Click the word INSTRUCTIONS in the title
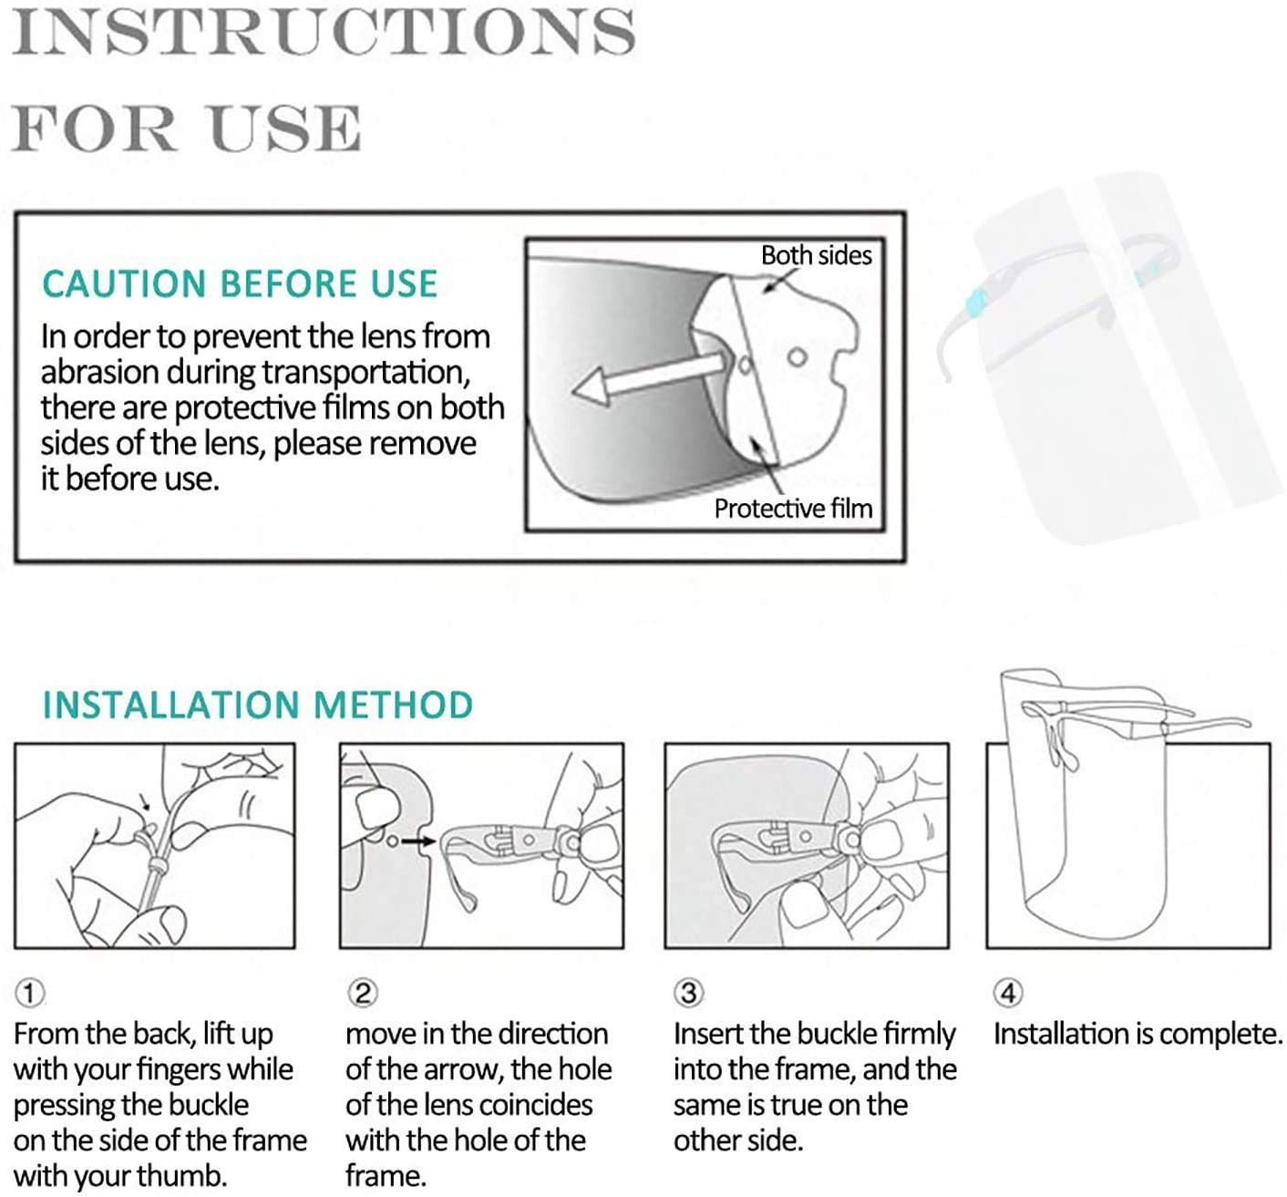pos(324,32)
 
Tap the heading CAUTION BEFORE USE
pos(240,284)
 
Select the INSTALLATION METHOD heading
pos(257,705)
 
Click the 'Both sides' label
pos(816,255)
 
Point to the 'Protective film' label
pos(793,509)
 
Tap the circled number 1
pos(30,994)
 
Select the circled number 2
pos(363,994)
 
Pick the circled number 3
pos(689,994)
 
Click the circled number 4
pos(1008,994)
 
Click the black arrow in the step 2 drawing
pos(418,841)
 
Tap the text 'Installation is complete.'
pos(1138,1034)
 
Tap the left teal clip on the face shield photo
pos(975,301)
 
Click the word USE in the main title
pos(285,127)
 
